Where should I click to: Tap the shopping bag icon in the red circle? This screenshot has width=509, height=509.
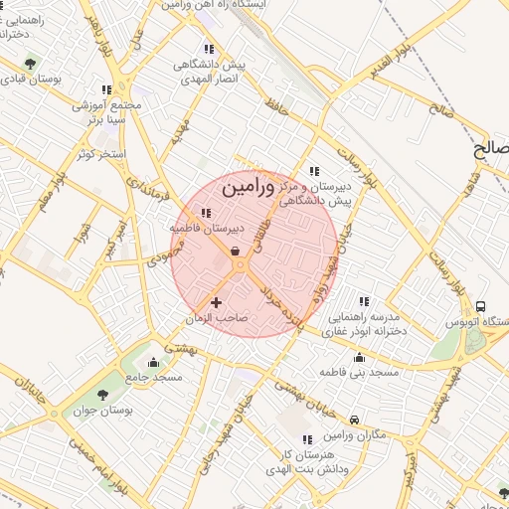(235, 252)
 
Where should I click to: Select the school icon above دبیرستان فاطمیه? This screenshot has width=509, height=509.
(207, 213)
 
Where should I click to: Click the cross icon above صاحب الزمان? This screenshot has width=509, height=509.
(217, 301)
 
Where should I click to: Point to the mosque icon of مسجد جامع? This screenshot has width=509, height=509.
(153, 362)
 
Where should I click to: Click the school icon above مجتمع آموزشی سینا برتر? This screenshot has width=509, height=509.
(106, 89)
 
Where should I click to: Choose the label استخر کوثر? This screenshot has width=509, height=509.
(97, 155)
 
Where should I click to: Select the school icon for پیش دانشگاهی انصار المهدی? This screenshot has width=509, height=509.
(209, 49)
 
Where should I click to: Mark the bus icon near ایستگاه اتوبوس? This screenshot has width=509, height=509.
(481, 306)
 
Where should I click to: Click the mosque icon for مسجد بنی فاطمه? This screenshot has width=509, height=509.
(359, 357)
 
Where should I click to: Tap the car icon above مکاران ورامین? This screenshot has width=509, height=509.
(354, 421)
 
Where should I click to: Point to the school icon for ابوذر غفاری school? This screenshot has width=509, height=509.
(364, 300)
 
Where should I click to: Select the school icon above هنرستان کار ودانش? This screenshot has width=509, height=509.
(307, 438)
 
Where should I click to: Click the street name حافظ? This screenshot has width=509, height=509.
(276, 104)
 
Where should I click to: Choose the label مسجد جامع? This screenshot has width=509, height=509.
(154, 378)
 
